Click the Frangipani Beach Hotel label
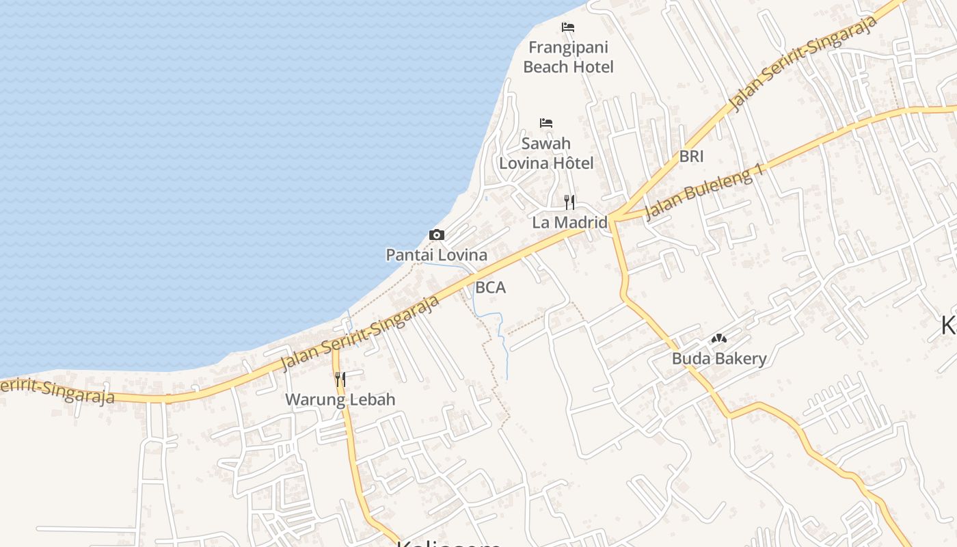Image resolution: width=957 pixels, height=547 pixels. [x=568, y=57]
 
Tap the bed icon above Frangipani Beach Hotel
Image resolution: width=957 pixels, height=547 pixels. [x=568, y=27]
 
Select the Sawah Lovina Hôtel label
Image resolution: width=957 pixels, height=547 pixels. [x=546, y=154]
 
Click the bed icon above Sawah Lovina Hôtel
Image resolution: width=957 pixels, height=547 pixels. [x=546, y=123]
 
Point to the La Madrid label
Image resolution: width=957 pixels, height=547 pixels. [x=569, y=222]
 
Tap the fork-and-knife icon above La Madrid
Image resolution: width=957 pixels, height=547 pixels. [x=569, y=202]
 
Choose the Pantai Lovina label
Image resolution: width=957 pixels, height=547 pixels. [x=437, y=255]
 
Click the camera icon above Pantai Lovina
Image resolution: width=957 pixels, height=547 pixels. [x=437, y=235]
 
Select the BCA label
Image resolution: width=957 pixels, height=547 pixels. [x=491, y=288]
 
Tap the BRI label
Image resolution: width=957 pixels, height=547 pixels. [x=691, y=157]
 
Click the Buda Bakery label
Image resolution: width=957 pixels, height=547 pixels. [x=719, y=358]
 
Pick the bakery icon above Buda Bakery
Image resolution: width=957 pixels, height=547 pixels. [x=718, y=338]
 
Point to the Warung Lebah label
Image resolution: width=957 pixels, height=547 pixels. [x=340, y=399]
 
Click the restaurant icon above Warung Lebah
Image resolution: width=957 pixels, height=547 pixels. [x=340, y=379]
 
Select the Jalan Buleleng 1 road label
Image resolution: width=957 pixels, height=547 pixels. [x=704, y=192]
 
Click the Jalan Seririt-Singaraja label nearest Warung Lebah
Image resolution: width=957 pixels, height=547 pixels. [x=360, y=333]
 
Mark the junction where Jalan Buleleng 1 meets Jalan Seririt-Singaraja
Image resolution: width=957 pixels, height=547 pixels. [x=612, y=218]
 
